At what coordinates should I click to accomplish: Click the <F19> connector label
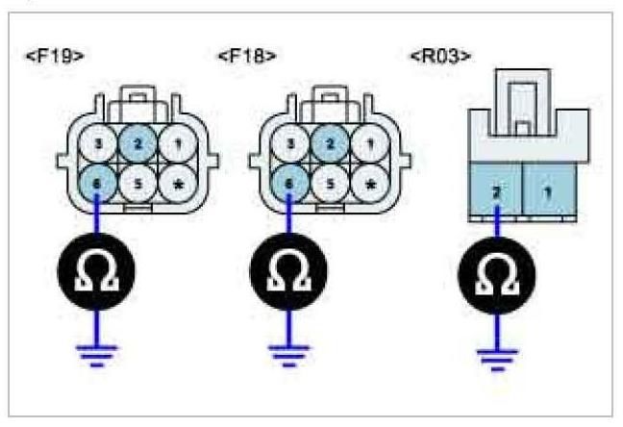(x=55, y=56)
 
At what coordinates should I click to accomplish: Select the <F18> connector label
(x=247, y=56)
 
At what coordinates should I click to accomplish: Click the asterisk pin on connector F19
(x=176, y=180)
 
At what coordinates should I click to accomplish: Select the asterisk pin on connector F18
(x=368, y=180)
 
